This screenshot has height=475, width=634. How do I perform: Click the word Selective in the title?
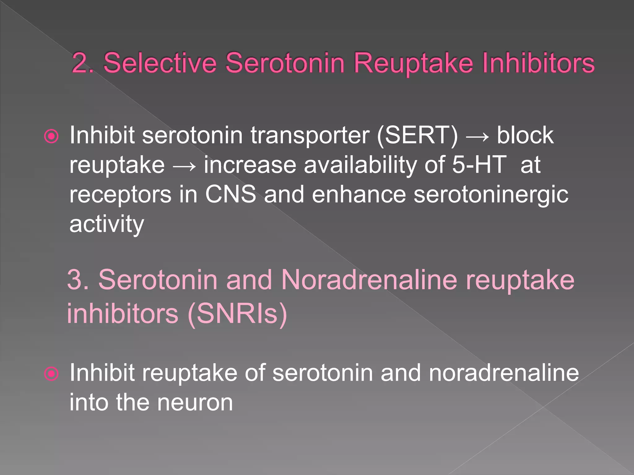[160, 63]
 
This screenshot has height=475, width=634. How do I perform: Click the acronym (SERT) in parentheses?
[417, 135]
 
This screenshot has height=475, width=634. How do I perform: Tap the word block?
[525, 135]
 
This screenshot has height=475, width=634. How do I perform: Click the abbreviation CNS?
[230, 194]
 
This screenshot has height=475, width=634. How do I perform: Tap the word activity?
[106, 224]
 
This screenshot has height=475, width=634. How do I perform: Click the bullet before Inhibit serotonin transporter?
[51, 136]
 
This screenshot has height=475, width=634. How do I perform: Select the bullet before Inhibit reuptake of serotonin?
[51, 374]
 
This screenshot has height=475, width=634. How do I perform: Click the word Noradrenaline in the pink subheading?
[369, 280]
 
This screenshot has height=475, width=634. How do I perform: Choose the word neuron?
[195, 402]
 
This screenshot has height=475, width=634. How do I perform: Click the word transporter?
[310, 135]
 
